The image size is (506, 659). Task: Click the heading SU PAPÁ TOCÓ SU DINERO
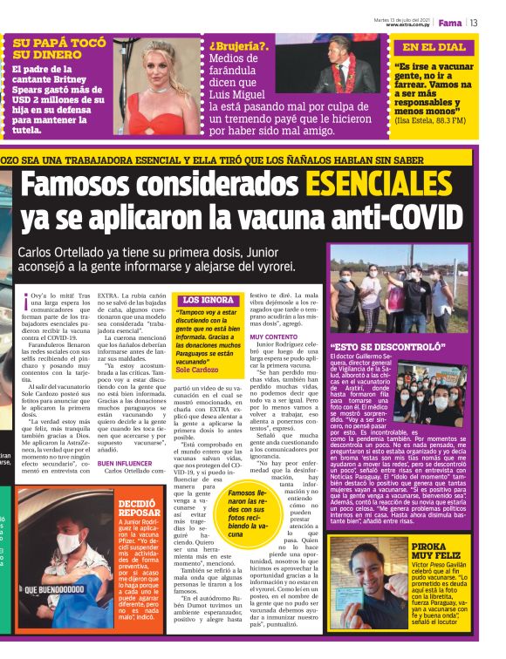pos(58,49)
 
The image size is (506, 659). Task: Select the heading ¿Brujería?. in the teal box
pos(236,46)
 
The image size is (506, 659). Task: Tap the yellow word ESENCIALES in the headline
pos(400,184)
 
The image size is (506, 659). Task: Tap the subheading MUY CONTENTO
pos(273,336)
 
